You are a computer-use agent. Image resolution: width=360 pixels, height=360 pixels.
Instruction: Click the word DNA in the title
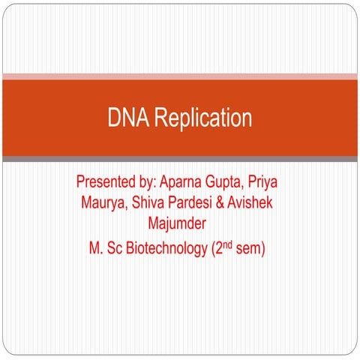(124, 118)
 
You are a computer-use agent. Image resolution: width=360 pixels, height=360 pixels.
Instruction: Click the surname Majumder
(178, 223)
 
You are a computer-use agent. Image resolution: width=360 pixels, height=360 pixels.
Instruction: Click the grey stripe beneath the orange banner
(180, 159)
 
